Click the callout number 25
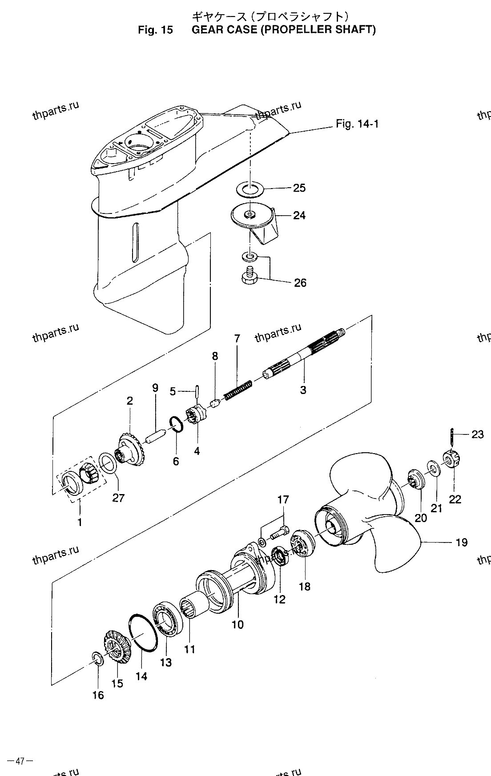pos(299,188)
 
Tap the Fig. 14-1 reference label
pos(357,124)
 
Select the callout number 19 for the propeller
pos(462,542)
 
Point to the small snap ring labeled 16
pos(98,659)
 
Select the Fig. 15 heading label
pos(155,30)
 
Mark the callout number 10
pos(237,624)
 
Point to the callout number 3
pos(303,390)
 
